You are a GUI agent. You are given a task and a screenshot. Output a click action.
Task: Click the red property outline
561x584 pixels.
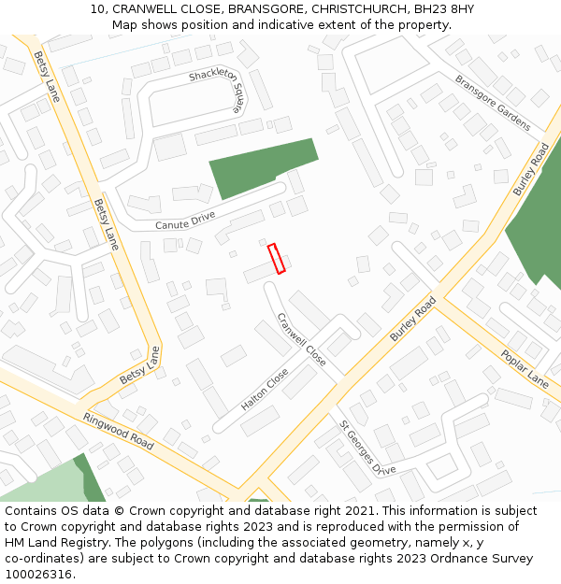(x=276, y=259)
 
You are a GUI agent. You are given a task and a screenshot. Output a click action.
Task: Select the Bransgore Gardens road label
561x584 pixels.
(x=492, y=102)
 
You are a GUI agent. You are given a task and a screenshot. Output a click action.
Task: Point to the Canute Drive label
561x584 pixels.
(x=184, y=221)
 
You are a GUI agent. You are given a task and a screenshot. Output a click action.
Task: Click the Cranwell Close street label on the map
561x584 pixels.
(x=301, y=338)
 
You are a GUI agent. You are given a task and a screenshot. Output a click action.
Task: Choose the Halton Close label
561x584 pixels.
(x=265, y=390)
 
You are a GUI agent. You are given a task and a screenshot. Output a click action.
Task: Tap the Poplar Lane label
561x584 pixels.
(x=524, y=368)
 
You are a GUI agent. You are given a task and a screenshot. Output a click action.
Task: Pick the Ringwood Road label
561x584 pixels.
(x=118, y=431)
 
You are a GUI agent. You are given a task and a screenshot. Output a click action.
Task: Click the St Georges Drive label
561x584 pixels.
(x=367, y=448)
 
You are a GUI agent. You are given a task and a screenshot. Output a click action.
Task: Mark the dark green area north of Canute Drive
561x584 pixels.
(x=263, y=164)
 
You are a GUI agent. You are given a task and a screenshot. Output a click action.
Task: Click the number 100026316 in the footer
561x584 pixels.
(x=39, y=575)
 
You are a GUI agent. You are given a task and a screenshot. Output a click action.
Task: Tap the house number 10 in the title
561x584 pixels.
(x=96, y=9)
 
